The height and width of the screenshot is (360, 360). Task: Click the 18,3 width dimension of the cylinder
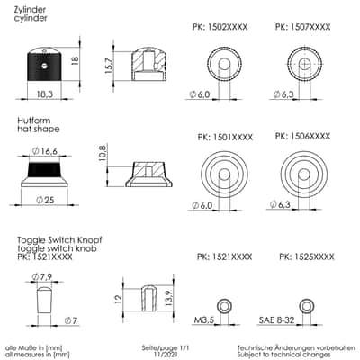pyautogui.click(x=45, y=94)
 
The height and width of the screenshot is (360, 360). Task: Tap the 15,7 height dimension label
pyautogui.click(x=109, y=66)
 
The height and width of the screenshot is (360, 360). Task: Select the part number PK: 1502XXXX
pyautogui.click(x=220, y=27)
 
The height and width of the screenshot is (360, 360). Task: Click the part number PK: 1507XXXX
pyautogui.click(x=302, y=27)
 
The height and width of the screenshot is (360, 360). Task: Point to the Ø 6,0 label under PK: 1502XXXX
pyautogui.click(x=200, y=94)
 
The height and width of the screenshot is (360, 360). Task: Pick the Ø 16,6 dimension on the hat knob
pyautogui.click(x=44, y=151)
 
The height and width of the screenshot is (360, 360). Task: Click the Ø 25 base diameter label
pyautogui.click(x=45, y=200)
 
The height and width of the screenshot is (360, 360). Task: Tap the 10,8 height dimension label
pyautogui.click(x=103, y=153)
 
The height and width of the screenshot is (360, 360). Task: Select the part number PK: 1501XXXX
pyautogui.click(x=225, y=137)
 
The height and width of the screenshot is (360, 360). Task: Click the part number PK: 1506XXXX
pyautogui.click(x=302, y=136)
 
